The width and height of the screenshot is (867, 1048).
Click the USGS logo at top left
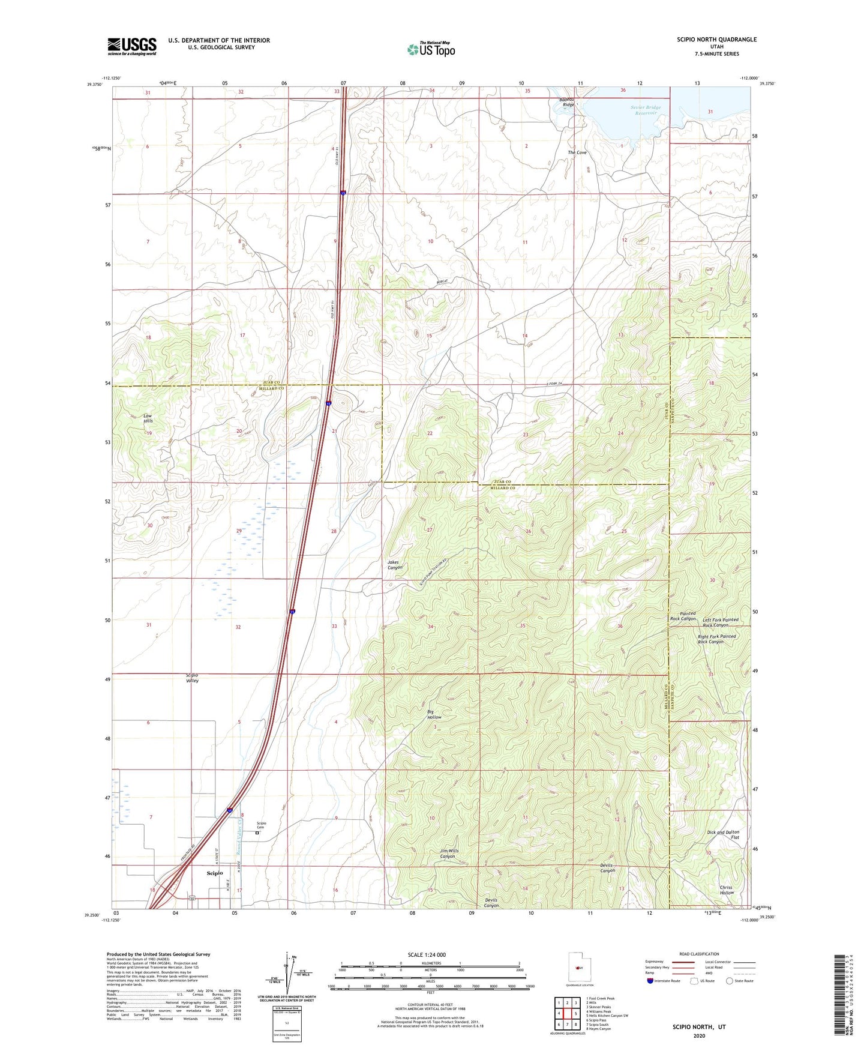pyautogui.click(x=131, y=46)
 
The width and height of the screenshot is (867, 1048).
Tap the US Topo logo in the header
pyautogui.click(x=431, y=49)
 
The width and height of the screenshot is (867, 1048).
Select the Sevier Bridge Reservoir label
pyautogui.click(x=645, y=110)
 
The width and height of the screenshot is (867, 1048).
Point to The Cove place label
pyautogui.click(x=577, y=152)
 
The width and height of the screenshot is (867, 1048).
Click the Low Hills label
pyautogui.click(x=148, y=418)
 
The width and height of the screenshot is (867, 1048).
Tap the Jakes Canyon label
pyautogui.click(x=394, y=565)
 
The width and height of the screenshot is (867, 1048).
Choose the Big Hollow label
pyautogui.click(x=434, y=714)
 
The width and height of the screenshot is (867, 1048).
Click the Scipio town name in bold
pyautogui.click(x=214, y=873)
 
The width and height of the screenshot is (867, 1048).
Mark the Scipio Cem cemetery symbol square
pyautogui.click(x=257, y=833)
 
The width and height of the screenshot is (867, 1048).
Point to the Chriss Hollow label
pyautogui.click(x=726, y=890)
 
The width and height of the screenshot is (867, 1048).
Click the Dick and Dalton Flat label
pyautogui.click(x=722, y=835)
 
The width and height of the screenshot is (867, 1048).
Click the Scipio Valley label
pyautogui.click(x=191, y=678)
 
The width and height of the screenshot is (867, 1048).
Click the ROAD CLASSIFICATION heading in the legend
pyautogui.click(x=699, y=954)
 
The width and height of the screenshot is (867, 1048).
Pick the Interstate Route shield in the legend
pyautogui.click(x=650, y=981)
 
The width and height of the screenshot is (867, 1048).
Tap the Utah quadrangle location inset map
pyautogui.click(x=578, y=967)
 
